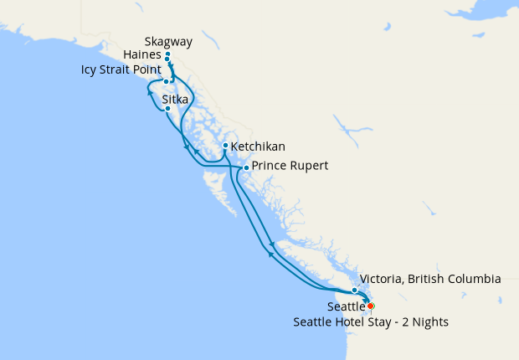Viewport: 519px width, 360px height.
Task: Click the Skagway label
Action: point(168,40)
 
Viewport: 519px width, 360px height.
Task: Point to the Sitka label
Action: point(175,99)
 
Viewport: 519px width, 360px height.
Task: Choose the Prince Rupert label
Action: point(290,167)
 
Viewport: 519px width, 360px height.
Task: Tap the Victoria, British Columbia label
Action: point(430,279)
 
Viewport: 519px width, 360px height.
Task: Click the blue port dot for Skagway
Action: point(167,54)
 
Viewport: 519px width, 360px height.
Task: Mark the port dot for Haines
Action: point(167,59)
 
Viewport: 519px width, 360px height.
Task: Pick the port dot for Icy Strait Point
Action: point(167,82)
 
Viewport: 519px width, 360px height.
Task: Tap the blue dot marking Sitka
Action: point(167,109)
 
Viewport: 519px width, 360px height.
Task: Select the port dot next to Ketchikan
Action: point(225,146)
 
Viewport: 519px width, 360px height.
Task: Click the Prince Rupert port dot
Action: point(245,168)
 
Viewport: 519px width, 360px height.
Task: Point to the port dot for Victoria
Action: point(355,290)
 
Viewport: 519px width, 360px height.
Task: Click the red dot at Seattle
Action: point(370,306)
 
